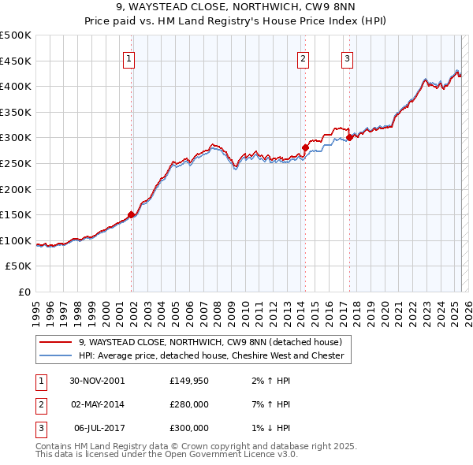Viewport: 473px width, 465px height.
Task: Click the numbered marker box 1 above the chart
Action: (x=129, y=58)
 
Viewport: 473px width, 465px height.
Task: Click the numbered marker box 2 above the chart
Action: (x=304, y=58)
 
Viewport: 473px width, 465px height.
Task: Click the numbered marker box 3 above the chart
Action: (x=348, y=58)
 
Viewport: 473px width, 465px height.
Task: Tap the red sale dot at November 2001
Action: (x=132, y=214)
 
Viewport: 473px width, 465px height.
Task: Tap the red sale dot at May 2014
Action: (x=305, y=147)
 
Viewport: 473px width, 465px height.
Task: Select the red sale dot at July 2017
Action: (x=349, y=137)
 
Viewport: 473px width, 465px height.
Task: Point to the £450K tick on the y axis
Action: (x=16, y=61)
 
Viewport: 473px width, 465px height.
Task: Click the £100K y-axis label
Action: (x=16, y=240)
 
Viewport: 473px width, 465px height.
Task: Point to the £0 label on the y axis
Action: (x=25, y=292)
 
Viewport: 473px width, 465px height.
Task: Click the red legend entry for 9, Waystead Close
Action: (x=210, y=343)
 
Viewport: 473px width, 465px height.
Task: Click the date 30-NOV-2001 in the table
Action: (x=97, y=381)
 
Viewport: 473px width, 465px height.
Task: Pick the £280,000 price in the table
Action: (x=189, y=404)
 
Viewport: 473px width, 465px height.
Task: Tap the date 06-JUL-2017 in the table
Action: (x=97, y=428)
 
